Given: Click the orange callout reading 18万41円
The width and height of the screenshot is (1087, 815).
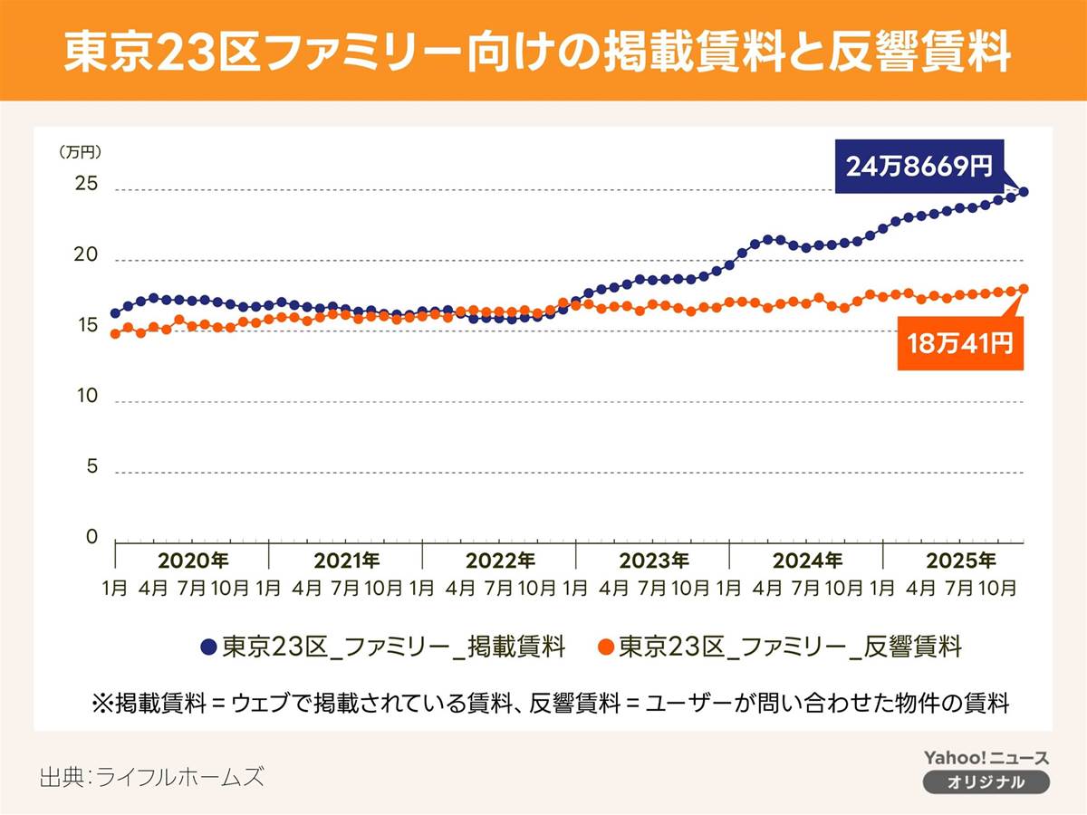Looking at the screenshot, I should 960,343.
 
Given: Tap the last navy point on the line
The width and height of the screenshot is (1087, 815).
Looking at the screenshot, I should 1024,192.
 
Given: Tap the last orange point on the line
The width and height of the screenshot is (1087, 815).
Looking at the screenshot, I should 1024,289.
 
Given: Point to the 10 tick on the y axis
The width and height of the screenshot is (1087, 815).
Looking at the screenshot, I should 86,397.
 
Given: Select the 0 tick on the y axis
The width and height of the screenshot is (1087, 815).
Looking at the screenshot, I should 91,538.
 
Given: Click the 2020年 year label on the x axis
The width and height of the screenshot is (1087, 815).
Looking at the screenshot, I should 192,560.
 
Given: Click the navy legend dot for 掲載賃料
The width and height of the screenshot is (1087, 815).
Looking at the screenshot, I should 208,647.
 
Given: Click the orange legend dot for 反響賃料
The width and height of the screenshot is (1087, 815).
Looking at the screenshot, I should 606,647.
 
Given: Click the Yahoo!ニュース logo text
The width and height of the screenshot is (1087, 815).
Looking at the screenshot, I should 986,758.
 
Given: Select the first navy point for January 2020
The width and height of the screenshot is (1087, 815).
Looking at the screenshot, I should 115,313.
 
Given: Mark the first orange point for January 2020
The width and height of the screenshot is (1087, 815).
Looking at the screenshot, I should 115,334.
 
